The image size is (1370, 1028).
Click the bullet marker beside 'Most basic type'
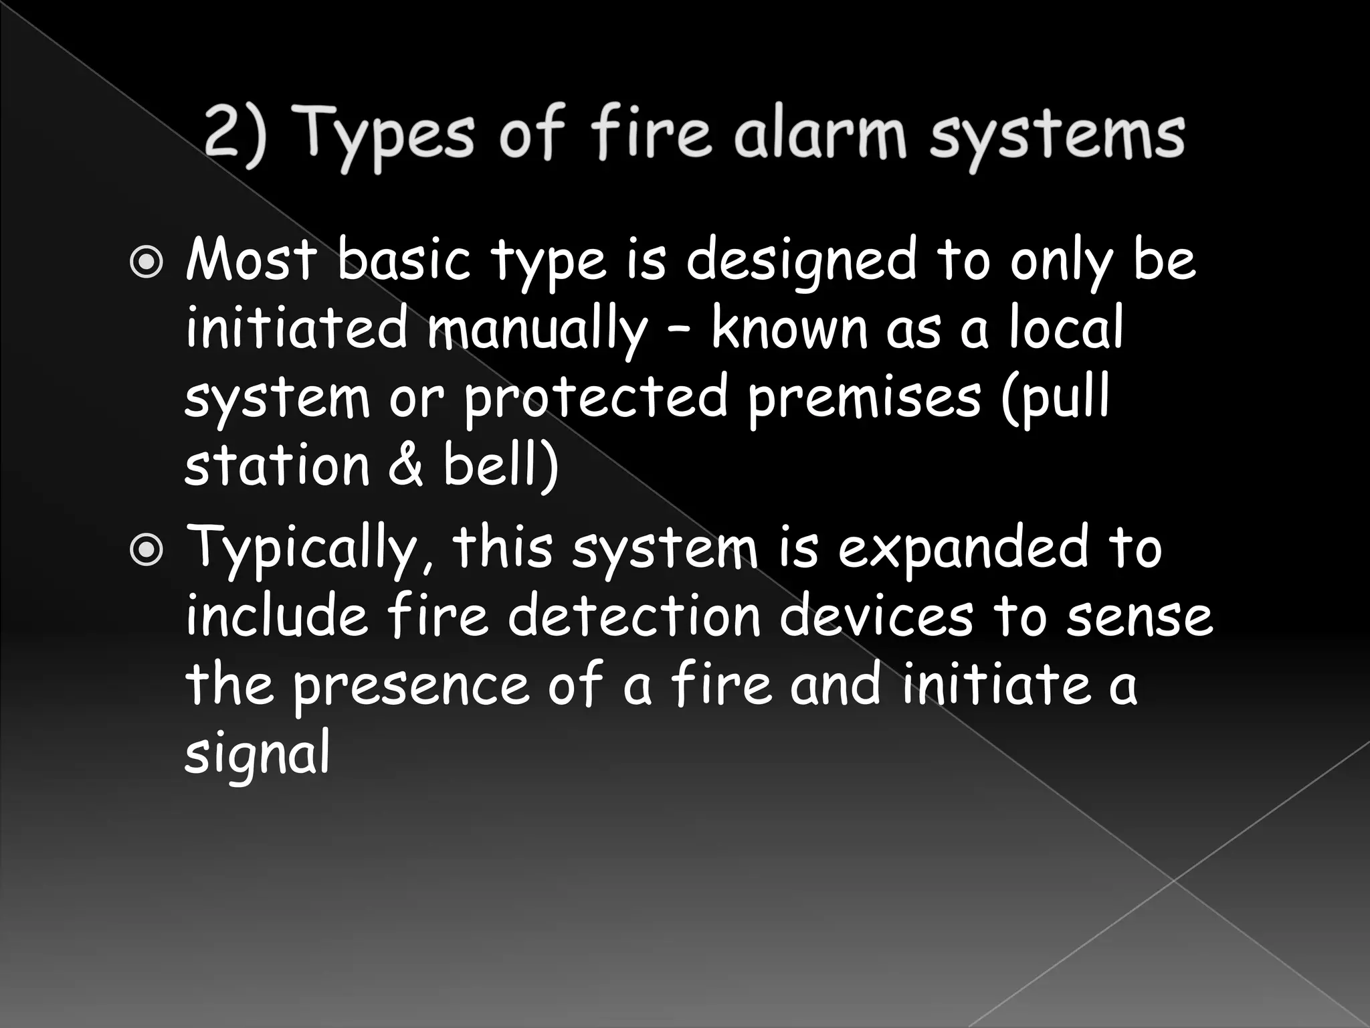146,262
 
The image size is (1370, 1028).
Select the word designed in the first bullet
801,262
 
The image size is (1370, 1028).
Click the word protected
595,398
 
